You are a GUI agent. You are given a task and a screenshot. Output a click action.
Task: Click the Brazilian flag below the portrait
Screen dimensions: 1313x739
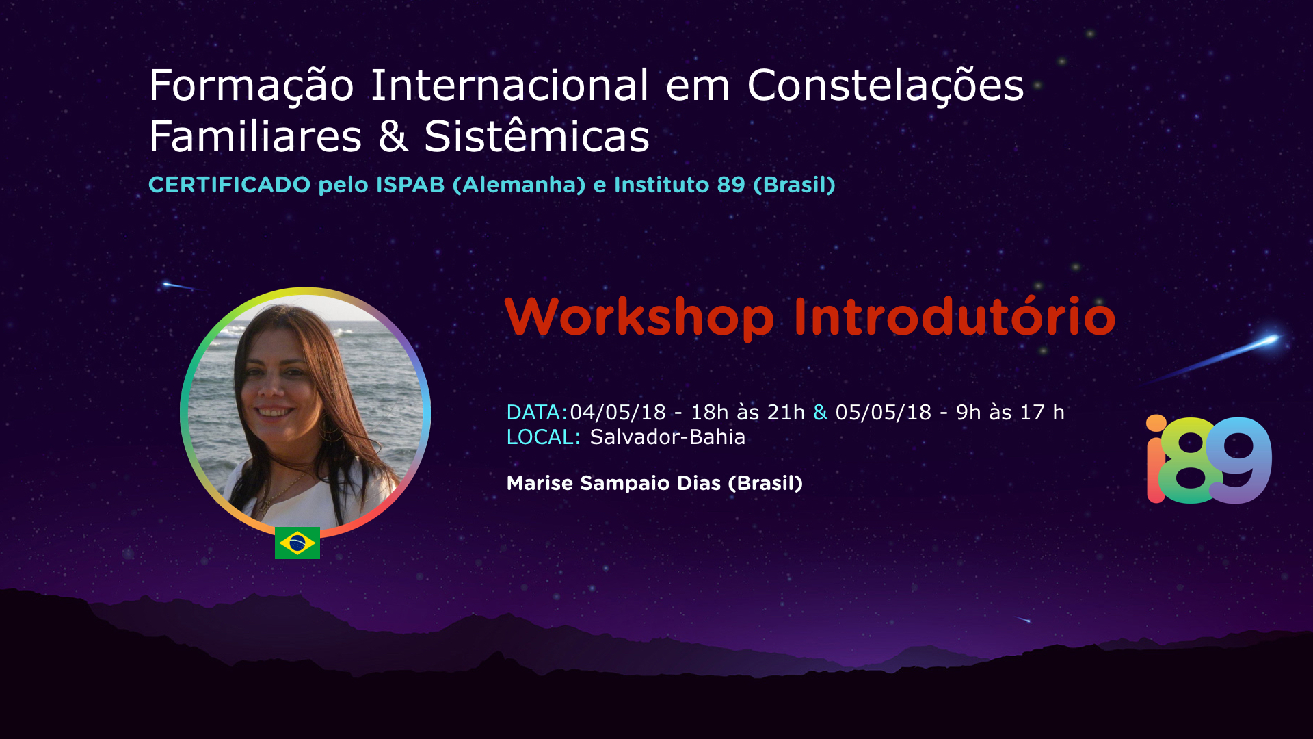click(297, 543)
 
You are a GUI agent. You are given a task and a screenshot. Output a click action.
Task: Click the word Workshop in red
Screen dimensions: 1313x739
click(639, 317)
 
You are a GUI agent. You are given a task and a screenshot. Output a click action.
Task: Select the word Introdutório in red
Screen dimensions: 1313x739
click(955, 317)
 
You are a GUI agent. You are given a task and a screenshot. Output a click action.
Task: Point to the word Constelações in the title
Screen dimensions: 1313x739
click(886, 87)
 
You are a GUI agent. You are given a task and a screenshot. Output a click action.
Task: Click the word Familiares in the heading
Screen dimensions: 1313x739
click(255, 136)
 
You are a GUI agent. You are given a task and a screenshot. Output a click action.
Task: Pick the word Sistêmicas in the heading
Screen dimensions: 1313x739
click(537, 136)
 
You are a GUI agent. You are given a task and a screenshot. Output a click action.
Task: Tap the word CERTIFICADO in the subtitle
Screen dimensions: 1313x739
click(230, 185)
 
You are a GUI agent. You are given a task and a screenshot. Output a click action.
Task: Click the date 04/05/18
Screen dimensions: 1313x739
click(618, 413)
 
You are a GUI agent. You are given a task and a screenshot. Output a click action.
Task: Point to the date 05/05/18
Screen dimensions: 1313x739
click(883, 413)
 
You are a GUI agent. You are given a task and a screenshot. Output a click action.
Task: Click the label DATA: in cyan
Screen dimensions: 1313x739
click(537, 413)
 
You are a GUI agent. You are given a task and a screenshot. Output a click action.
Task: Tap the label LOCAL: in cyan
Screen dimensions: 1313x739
click(544, 437)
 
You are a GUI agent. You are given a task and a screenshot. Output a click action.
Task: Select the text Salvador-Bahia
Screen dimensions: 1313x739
click(667, 437)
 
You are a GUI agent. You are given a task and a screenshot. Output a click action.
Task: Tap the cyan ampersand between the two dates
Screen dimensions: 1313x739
click(821, 413)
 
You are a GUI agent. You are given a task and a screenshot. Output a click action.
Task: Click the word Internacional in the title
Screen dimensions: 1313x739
click(509, 86)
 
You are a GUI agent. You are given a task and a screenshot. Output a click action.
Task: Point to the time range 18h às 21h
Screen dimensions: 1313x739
click(747, 413)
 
